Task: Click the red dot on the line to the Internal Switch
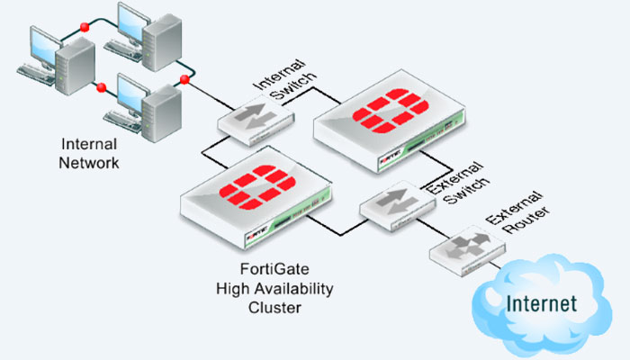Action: pos(184,80)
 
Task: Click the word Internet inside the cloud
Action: pos(540,302)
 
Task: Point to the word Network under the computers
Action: pos(88,163)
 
